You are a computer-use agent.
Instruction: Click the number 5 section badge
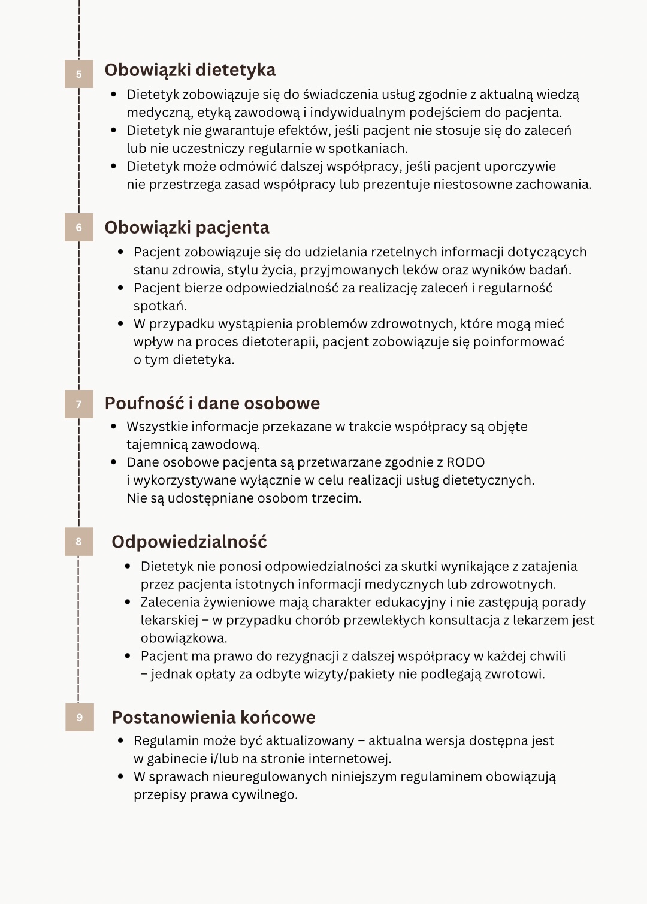78,74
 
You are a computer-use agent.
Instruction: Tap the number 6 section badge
78,228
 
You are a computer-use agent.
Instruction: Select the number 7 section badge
78,404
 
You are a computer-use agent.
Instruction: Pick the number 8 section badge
78,542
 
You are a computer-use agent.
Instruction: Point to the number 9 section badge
80,717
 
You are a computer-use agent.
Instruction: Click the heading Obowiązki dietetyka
190,70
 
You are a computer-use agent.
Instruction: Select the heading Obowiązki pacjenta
187,228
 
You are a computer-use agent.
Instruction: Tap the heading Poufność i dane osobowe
212,403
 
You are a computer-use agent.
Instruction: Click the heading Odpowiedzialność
189,542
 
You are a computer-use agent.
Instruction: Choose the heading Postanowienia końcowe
213,717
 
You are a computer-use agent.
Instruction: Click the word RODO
465,462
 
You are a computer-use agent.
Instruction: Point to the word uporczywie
520,167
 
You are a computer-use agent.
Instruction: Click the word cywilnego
269,795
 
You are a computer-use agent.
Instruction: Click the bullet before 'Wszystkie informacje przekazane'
114,427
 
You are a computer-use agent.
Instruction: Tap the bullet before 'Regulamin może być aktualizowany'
121,741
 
